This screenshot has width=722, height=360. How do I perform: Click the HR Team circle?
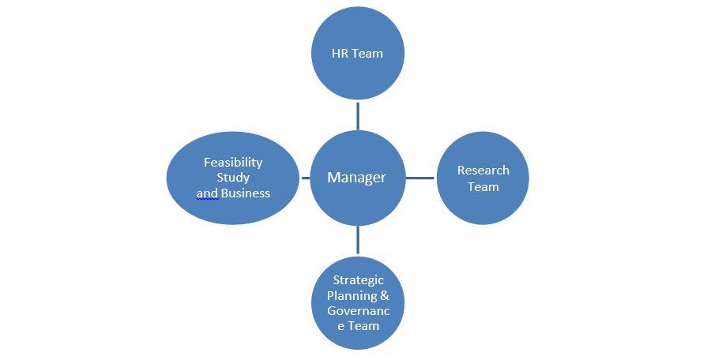pyautogui.click(x=358, y=53)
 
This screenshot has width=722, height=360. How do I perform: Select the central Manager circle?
pyautogui.click(x=358, y=178)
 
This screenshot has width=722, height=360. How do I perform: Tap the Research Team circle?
pyautogui.click(x=483, y=178)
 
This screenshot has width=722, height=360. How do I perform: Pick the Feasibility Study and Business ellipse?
pyautogui.click(x=233, y=178)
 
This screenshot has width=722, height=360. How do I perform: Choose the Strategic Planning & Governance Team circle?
pyautogui.click(x=358, y=303)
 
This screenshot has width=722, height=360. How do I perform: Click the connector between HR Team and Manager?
pyautogui.click(x=358, y=116)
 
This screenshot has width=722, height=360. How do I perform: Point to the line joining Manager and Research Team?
pyautogui.click(x=420, y=178)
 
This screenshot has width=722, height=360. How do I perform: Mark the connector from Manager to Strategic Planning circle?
pyautogui.click(x=358, y=240)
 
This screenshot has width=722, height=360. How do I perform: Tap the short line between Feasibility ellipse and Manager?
pyautogui.click(x=305, y=178)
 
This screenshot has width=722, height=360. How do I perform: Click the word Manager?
pyautogui.click(x=356, y=178)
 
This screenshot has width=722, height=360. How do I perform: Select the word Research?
pyautogui.click(x=483, y=171)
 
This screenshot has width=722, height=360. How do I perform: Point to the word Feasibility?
pyautogui.click(x=233, y=163)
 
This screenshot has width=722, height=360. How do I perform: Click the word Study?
pyautogui.click(x=233, y=178)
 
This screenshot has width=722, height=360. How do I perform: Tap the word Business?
pyautogui.click(x=246, y=193)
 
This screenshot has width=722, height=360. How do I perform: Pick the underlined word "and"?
pyautogui.click(x=207, y=193)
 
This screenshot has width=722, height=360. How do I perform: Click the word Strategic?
pyautogui.click(x=359, y=280)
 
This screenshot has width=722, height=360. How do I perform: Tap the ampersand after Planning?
pyautogui.click(x=385, y=295)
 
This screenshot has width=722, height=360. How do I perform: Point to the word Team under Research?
pyautogui.click(x=483, y=186)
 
